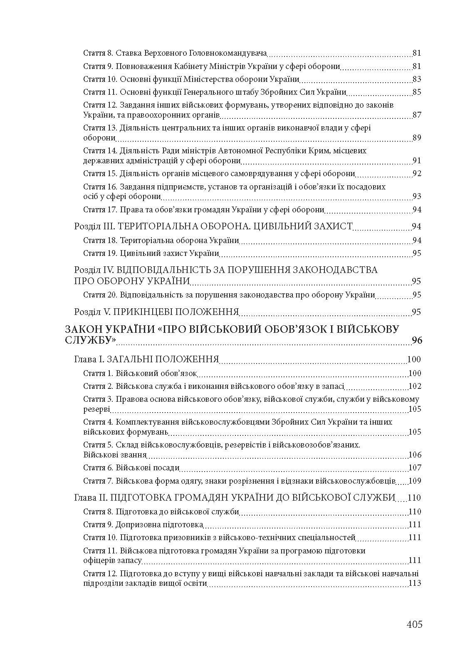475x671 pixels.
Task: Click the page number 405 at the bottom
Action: pos(414,624)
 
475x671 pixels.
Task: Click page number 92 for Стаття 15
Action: pos(417,173)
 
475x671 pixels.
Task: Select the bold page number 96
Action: pos(417,340)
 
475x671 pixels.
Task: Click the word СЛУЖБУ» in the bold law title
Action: pos(90,340)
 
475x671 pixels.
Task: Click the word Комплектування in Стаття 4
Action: pos(146,422)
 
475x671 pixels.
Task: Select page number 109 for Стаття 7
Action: pos(415,481)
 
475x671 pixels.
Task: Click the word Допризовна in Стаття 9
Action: pos(139,524)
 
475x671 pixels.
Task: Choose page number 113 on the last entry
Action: pos(415,583)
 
